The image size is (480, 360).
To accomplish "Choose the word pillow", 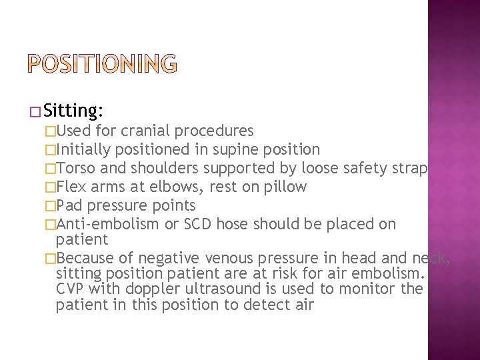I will (x=284, y=187).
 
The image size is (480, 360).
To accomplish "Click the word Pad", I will (x=70, y=205).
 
